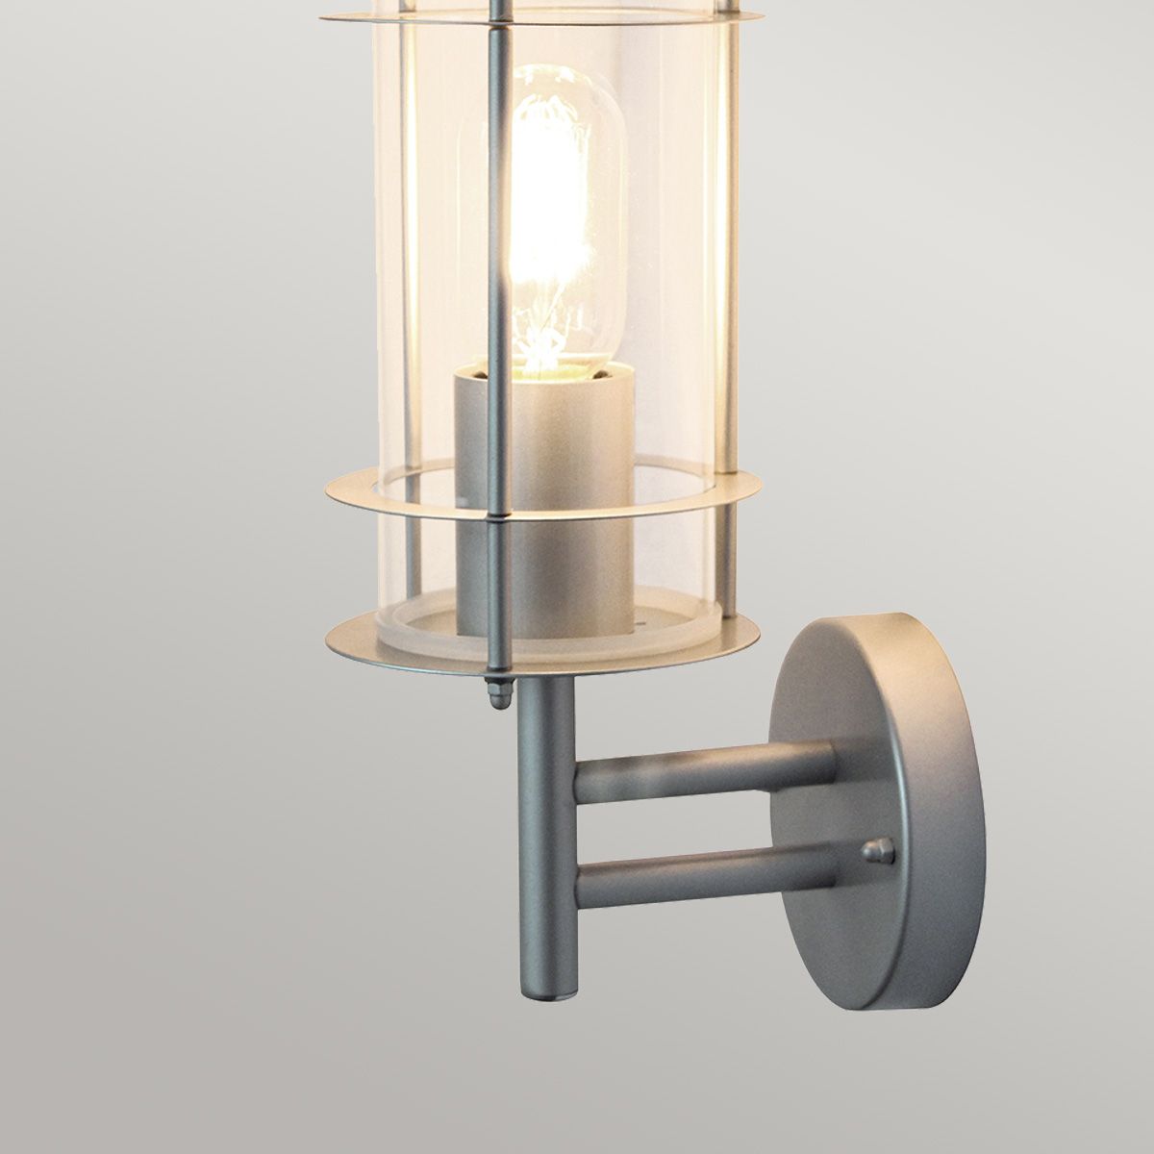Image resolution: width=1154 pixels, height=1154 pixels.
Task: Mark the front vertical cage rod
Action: point(494,288)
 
